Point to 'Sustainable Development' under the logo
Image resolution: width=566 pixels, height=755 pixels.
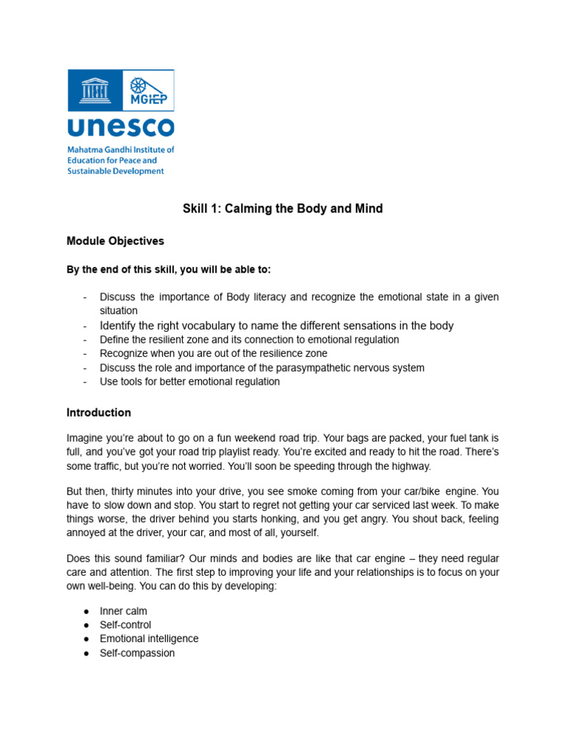coord(116,171)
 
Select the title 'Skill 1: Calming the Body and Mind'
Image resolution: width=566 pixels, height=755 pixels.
coord(282,209)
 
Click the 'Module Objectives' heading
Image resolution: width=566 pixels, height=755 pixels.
coord(115,241)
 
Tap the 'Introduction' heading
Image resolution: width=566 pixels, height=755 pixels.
coord(99,413)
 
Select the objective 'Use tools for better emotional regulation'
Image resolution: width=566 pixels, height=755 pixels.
coord(189,382)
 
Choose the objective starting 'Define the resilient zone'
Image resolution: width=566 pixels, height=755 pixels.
coord(249,340)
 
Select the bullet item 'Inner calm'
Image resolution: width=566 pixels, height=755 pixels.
coord(123,611)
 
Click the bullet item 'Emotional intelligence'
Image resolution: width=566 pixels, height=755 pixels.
coord(149,639)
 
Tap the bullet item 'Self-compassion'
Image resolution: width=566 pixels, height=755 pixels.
coord(137,653)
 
